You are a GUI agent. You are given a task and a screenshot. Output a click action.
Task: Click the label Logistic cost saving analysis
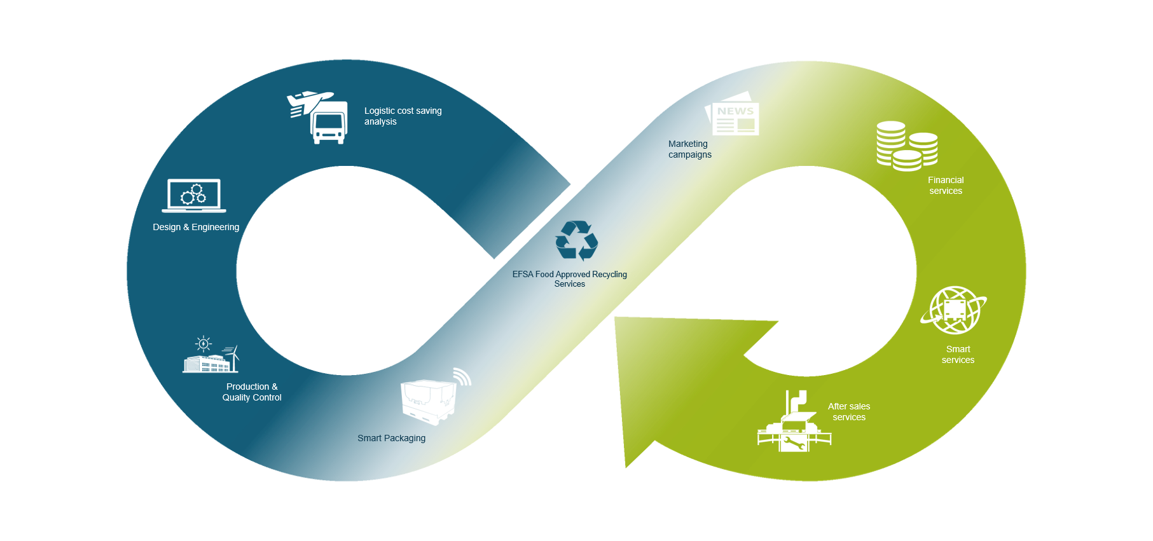coord(403,116)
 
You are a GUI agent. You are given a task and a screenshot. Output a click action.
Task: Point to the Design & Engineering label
coord(196,227)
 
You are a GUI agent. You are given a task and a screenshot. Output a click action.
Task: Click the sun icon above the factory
coord(204,344)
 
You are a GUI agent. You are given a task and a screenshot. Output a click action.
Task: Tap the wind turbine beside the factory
coord(234,357)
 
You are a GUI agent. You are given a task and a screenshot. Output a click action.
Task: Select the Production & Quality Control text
coord(252,392)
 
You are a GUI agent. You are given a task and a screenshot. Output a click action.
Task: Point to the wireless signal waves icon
coord(462,377)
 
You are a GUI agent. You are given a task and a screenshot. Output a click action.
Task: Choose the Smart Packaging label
coord(391,438)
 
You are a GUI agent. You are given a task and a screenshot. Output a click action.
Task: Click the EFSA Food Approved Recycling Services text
coord(570,278)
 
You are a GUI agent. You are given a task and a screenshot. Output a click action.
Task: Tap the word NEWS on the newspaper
coord(735,111)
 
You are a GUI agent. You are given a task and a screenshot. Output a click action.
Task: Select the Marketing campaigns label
coord(689,149)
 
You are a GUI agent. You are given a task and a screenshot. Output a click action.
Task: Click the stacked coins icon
coord(906,147)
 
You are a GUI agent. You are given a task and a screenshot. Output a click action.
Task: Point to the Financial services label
coord(946,185)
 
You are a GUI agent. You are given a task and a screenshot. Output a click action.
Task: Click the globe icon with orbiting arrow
coord(953,310)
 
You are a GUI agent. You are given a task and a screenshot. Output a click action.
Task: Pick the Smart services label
coord(958,354)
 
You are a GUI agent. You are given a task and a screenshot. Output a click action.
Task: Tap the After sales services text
coord(849,411)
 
